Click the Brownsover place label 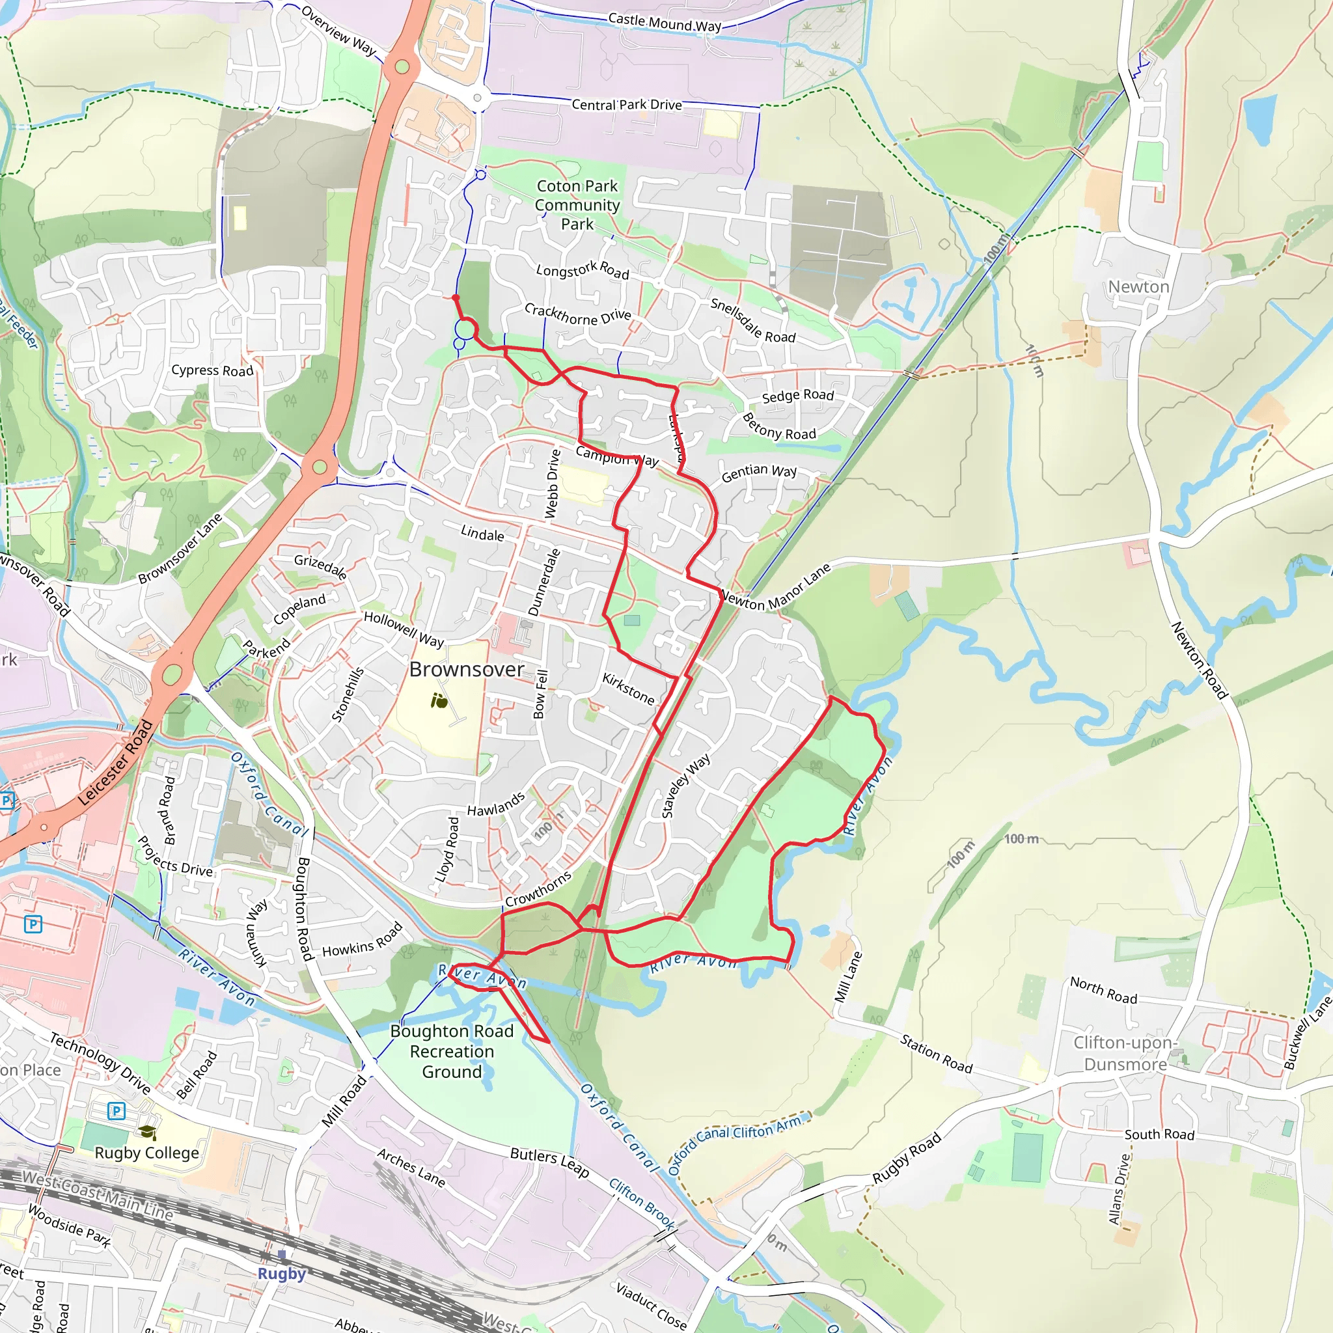467,669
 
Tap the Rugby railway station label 281,1273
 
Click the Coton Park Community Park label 577,205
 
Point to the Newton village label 1138,287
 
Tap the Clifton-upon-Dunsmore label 1125,1053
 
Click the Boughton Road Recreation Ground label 452,1051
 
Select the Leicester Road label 115,762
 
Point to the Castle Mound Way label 665,23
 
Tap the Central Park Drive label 627,105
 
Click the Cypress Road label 212,370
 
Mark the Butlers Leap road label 549,1162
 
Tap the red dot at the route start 456,297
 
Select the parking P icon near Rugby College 116,1111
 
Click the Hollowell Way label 404,629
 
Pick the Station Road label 936,1053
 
